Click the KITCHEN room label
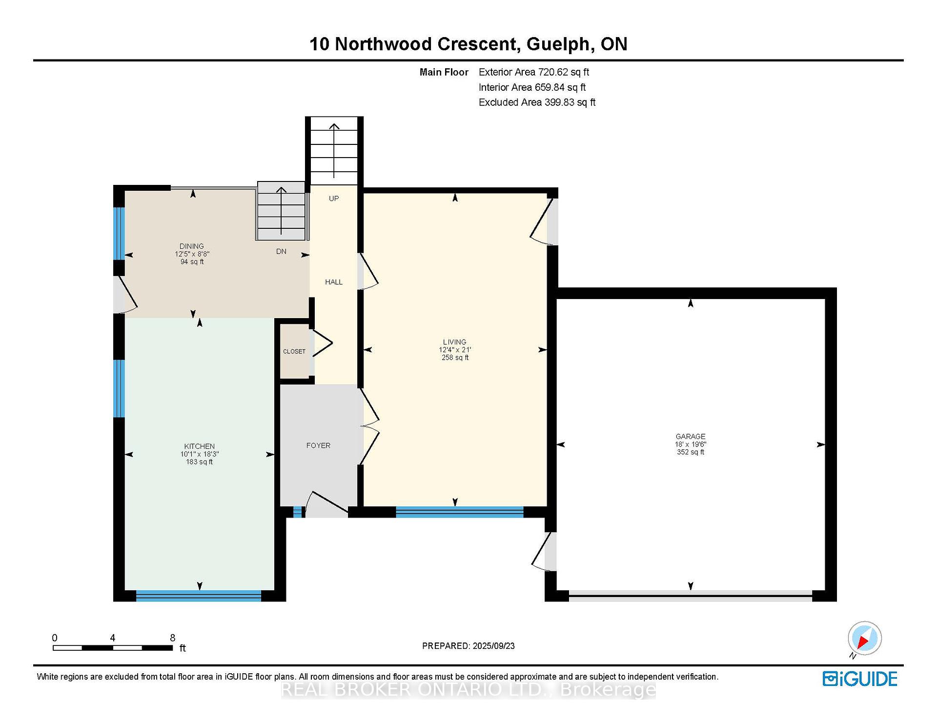click(x=199, y=446)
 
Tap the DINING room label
click(x=191, y=246)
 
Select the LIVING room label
click(x=455, y=342)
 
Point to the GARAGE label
click(x=691, y=437)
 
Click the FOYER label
click(x=318, y=445)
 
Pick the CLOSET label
click(x=294, y=351)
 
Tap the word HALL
click(x=334, y=282)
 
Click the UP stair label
click(x=334, y=199)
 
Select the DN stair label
click(x=281, y=251)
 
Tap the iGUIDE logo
click(x=860, y=679)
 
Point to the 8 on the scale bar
click(x=172, y=638)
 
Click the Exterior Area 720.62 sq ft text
click(x=534, y=72)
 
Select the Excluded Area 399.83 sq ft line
click(x=537, y=102)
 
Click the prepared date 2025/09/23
click(x=493, y=646)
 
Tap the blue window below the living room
click(x=459, y=512)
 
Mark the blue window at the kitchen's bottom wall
click(x=199, y=596)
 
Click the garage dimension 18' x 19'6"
click(x=691, y=444)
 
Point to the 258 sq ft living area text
click(x=455, y=358)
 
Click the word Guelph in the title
click(x=558, y=44)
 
